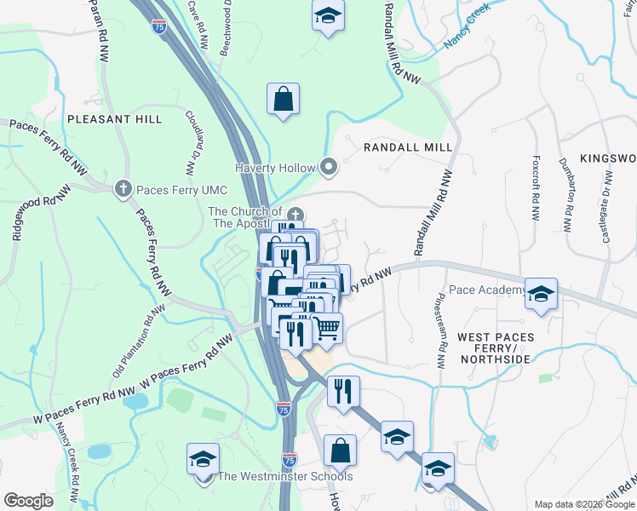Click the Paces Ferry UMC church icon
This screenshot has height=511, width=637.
[x=123, y=187]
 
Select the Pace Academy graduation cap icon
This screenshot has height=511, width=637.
[x=540, y=293]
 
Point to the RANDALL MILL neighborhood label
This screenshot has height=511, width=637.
[x=408, y=147]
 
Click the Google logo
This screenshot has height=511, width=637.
[x=29, y=501]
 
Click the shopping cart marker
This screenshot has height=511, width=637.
[x=328, y=327]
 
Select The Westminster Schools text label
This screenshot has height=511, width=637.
[x=285, y=477]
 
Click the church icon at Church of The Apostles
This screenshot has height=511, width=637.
[x=296, y=213]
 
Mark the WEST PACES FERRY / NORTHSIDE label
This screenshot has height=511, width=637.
[x=496, y=348]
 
